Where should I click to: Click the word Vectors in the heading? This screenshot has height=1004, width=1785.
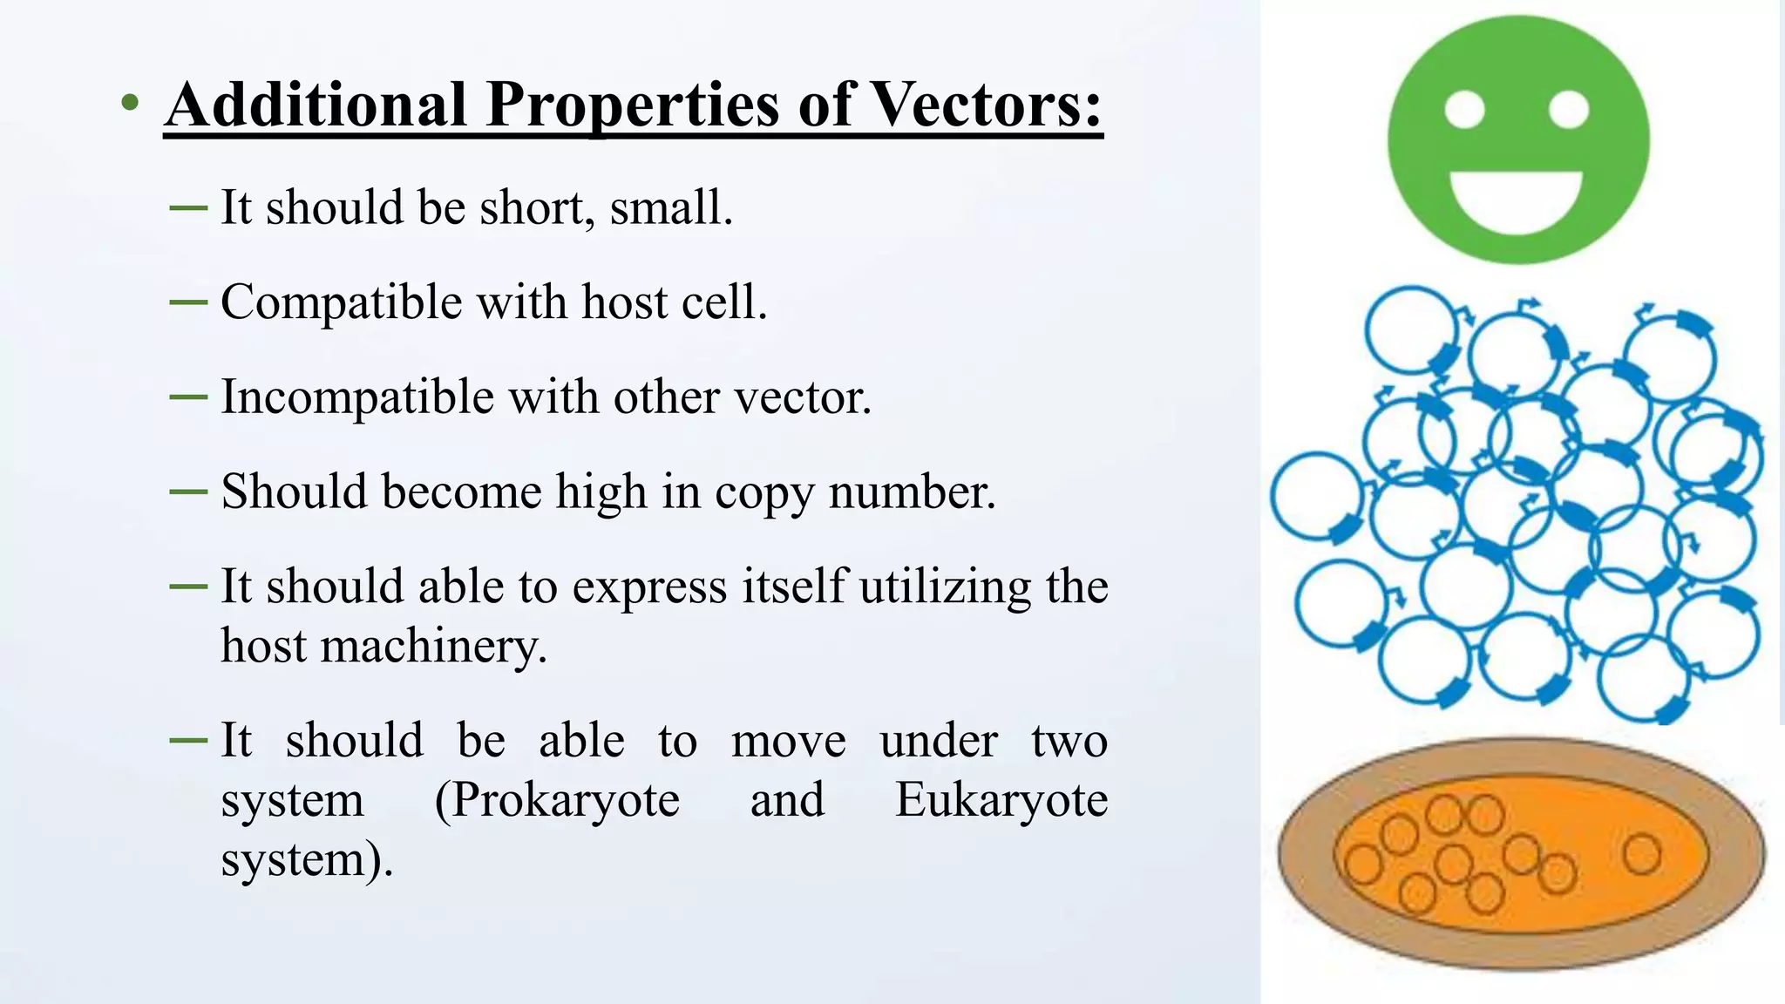pyautogui.click(x=985, y=105)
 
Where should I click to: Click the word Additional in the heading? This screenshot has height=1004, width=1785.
pyautogui.click(x=316, y=105)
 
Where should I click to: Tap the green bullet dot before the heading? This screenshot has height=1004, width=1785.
pyautogui.click(x=130, y=104)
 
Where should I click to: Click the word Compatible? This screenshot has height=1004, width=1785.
pyautogui.click(x=341, y=303)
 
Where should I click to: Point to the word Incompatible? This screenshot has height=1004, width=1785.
pyautogui.click(x=357, y=398)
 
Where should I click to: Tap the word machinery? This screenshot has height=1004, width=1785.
pyautogui.click(x=432, y=648)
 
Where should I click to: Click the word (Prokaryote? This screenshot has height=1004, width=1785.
pyautogui.click(x=557, y=801)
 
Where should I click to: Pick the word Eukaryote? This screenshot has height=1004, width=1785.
pyautogui.click(x=1001, y=801)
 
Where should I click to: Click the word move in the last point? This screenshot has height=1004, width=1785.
pyautogui.click(x=788, y=742)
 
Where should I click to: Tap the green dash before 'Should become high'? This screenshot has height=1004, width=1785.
pyautogui.click(x=187, y=492)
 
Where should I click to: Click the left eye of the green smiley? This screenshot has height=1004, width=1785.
pyautogui.click(x=1464, y=111)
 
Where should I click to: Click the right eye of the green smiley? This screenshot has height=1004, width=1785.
pyautogui.click(x=1569, y=111)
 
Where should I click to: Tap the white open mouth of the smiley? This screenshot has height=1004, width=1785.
pyautogui.click(x=1516, y=199)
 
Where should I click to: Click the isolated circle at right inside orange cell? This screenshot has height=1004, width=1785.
pyautogui.click(x=1642, y=853)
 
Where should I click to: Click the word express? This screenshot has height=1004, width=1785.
pyautogui.click(x=648, y=587)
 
